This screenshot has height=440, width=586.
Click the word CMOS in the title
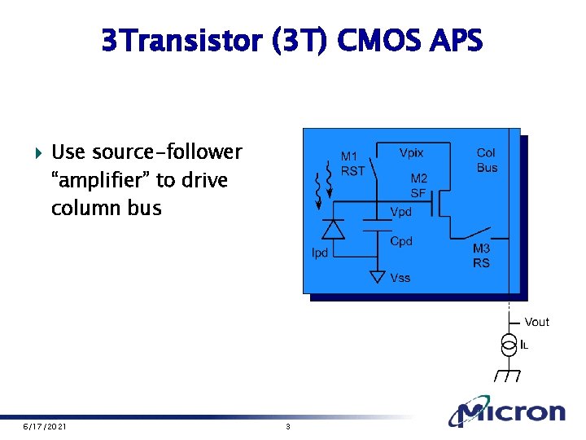click(386, 40)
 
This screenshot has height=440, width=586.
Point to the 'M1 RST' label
click(352, 164)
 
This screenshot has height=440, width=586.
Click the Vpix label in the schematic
click(411, 152)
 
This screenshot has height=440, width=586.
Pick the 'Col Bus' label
click(487, 160)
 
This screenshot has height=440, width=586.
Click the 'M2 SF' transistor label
click(418, 186)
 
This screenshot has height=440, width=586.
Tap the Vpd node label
click(401, 212)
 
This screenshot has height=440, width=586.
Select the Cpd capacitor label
click(401, 241)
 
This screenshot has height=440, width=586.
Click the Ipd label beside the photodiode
click(320, 253)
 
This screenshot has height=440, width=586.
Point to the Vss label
click(400, 278)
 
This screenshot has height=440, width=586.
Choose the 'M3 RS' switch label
click(482, 256)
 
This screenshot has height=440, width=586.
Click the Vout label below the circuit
click(536, 322)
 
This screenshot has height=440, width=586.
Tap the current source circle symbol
click(509, 345)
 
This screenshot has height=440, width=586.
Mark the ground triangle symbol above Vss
click(376, 276)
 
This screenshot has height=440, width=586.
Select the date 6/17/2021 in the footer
click(45, 427)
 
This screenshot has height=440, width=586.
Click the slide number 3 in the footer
click(288, 427)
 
